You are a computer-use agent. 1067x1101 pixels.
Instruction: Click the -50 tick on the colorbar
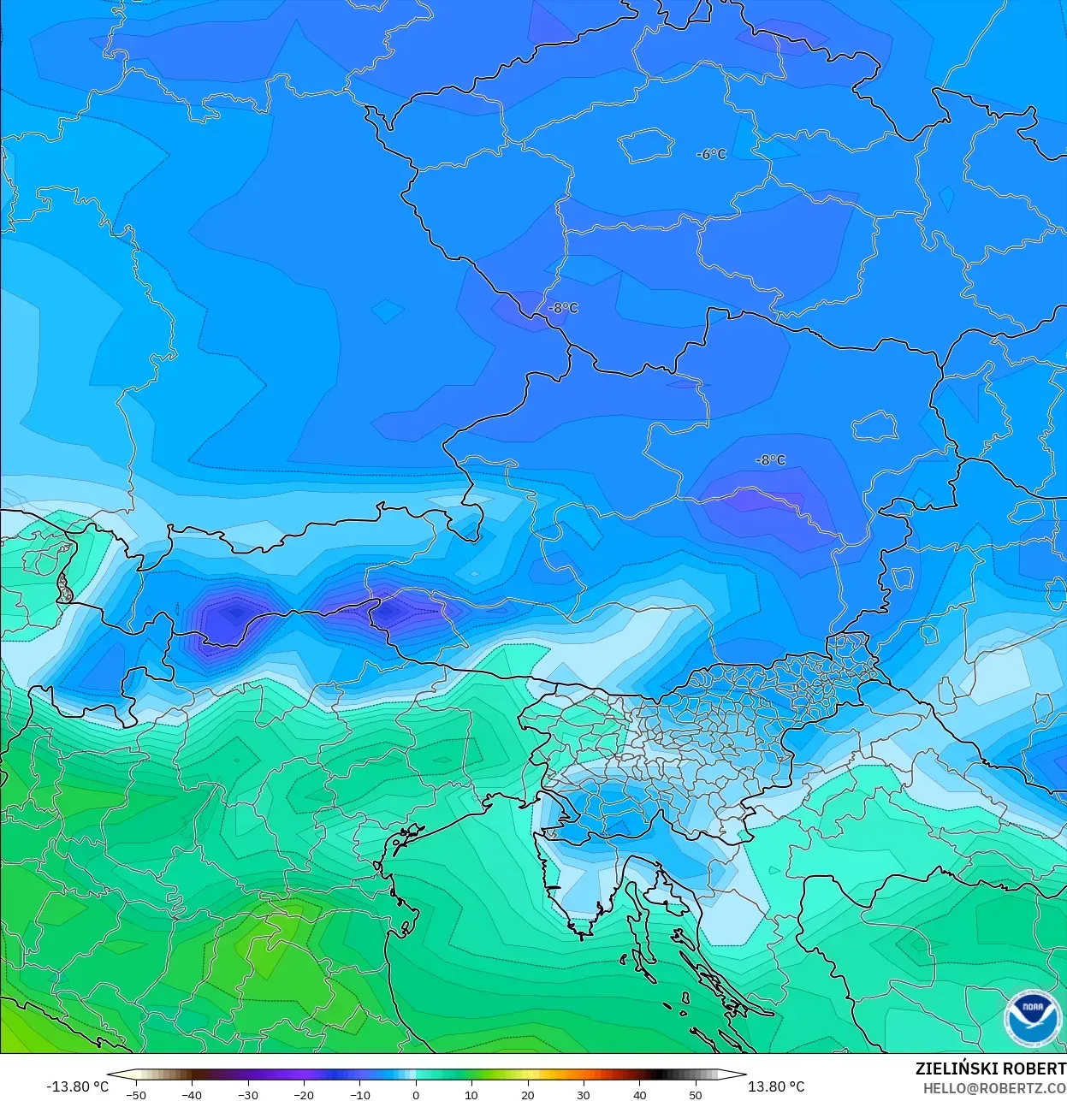point(136,1094)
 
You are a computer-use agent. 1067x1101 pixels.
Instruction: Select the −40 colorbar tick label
point(192,1094)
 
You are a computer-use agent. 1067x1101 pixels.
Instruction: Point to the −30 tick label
point(248,1094)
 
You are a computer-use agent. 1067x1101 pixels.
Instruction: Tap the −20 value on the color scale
point(304,1094)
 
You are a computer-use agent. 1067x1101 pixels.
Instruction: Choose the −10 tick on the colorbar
point(360,1094)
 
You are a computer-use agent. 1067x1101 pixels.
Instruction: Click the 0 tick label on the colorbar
point(416,1094)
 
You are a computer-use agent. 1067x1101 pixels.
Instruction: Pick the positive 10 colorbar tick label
point(471,1094)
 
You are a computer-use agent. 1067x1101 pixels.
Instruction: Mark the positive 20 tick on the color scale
point(528,1094)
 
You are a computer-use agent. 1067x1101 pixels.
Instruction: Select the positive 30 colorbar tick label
point(584,1094)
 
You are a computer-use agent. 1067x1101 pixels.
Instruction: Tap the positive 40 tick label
point(640,1094)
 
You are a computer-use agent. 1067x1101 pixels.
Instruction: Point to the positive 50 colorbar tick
point(696,1094)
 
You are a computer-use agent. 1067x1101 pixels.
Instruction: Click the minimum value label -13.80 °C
point(77,1086)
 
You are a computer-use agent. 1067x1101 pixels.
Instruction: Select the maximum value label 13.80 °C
point(776,1086)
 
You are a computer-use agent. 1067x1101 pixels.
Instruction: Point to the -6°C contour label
point(712,154)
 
